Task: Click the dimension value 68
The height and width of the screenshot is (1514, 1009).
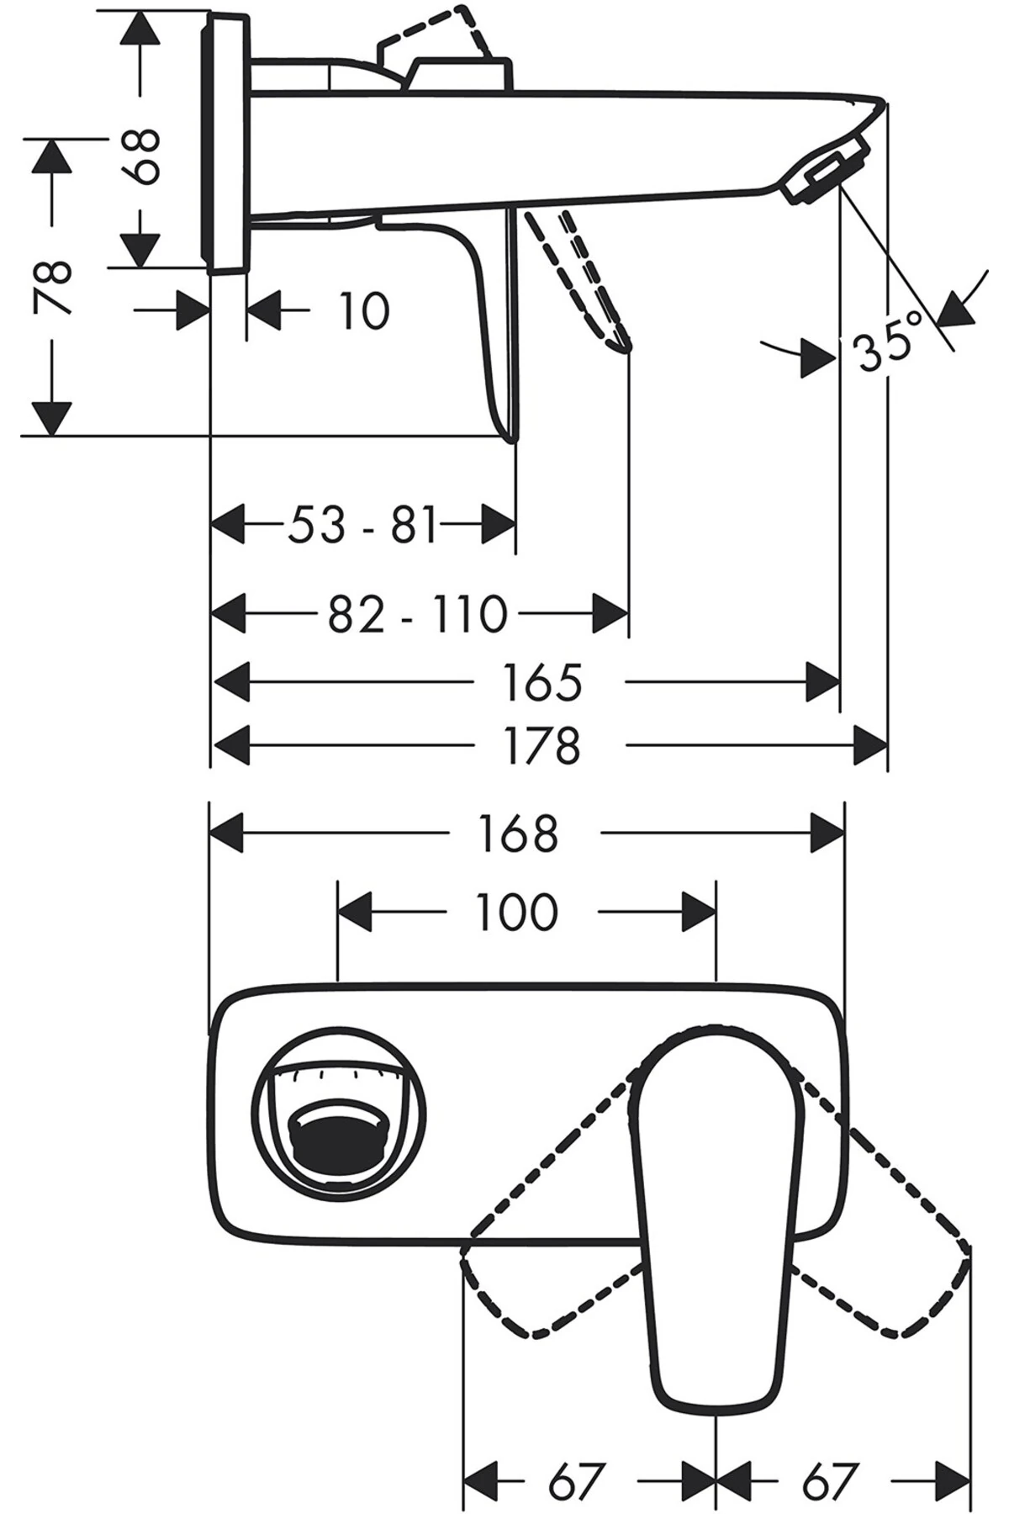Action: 140,156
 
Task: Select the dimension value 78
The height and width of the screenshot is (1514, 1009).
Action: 53,288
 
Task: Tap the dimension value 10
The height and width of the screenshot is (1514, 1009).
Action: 364,311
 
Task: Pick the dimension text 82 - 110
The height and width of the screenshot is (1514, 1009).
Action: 418,614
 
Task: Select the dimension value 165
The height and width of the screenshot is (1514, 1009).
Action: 542,681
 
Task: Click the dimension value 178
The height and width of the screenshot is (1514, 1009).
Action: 542,745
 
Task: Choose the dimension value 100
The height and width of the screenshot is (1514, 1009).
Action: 516,912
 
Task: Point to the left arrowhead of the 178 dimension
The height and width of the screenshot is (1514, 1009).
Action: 231,745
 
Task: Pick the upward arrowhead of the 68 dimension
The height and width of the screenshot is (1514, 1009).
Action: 140,29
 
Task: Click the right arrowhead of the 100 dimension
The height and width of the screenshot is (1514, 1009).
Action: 698,912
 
